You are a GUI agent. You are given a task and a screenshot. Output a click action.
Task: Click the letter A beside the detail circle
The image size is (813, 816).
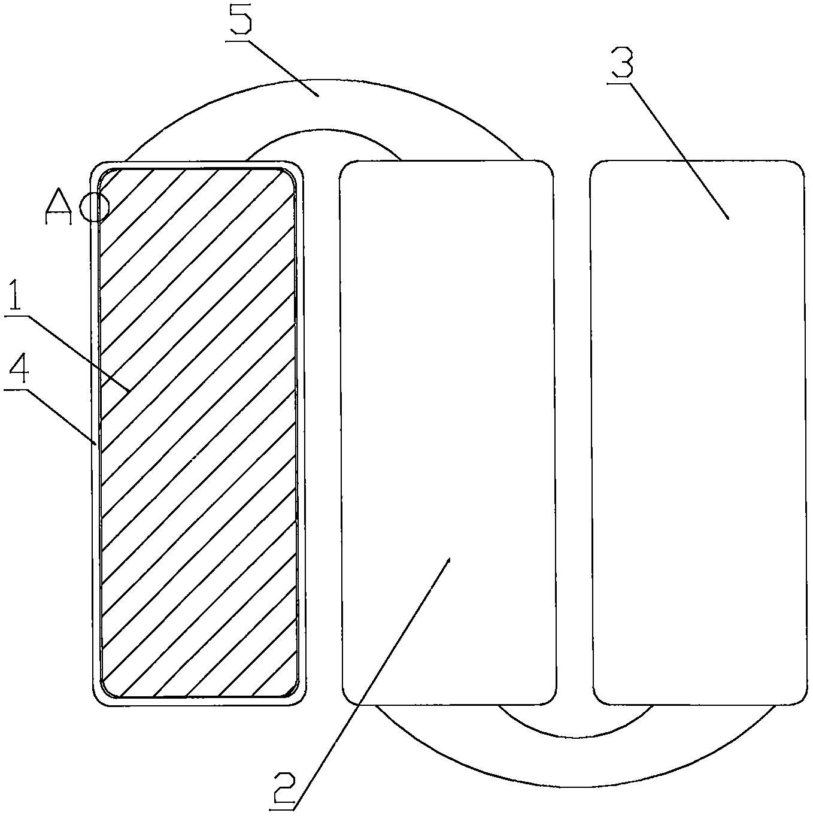click(x=59, y=207)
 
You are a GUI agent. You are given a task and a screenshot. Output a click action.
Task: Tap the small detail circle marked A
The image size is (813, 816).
click(x=95, y=207)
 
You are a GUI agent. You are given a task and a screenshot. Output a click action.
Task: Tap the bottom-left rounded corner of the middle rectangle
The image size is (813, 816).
click(x=349, y=697)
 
